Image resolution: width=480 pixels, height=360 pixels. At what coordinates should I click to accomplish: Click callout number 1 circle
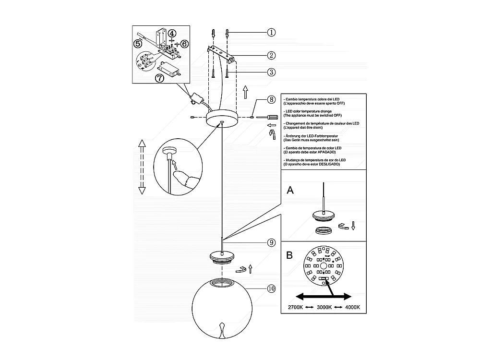pos(271,33)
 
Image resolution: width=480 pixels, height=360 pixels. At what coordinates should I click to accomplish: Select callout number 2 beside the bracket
pos(271,55)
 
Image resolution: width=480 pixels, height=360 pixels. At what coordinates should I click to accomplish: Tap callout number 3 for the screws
pos(271,72)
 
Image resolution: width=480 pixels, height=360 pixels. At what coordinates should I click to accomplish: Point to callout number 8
pos(271,100)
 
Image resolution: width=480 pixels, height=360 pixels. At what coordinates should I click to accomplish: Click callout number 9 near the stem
pos(271,243)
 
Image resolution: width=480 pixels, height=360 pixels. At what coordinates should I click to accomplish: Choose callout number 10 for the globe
pos(271,288)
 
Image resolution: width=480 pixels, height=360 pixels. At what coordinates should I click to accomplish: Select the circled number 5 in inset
pos(138,44)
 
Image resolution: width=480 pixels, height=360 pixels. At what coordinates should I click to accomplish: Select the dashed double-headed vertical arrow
pos(142,167)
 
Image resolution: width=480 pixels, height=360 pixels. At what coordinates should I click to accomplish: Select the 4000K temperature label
pos(352,307)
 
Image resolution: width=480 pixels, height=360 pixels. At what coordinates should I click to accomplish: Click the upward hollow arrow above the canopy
pos(245,91)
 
